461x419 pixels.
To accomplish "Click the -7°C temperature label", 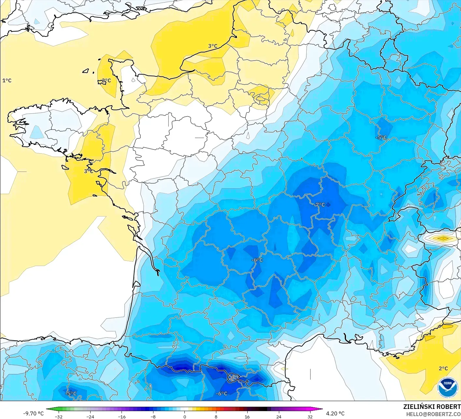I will [319, 204].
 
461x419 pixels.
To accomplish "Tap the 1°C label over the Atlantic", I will [7, 80].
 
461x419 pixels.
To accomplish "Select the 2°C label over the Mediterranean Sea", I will [443, 369].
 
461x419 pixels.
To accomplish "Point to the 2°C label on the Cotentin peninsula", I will [106, 80].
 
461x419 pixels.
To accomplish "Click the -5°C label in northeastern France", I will [381, 137].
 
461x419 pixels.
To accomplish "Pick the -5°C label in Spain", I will [71, 393].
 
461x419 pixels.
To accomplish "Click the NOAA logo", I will [448, 387].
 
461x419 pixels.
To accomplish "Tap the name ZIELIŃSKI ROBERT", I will [432, 407].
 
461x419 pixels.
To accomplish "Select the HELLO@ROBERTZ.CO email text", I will [433, 414].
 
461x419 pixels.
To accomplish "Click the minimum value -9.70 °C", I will [33, 413].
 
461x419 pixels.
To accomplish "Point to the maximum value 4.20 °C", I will [335, 413].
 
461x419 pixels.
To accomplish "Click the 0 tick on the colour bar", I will [184, 416].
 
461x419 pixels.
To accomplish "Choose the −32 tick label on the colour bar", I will [59, 416].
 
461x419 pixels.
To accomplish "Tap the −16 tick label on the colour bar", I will [122, 416].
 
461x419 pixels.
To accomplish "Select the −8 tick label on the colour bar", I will [153, 416].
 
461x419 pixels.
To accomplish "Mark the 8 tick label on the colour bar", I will [216, 416].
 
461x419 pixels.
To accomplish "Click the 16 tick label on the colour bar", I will [247, 416].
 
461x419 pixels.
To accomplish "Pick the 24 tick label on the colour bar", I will [279, 416].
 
